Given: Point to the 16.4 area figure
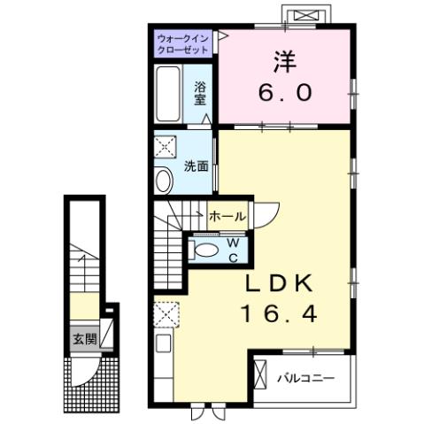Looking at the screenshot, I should point(276,313).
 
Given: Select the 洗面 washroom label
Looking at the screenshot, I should point(196,166).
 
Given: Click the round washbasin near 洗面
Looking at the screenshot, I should point(164,181).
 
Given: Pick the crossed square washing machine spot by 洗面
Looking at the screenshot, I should point(166,148).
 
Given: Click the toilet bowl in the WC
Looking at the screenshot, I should point(204,251).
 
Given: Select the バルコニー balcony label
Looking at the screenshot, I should point(305,378).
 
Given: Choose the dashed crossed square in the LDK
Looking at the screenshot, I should point(166,314).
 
